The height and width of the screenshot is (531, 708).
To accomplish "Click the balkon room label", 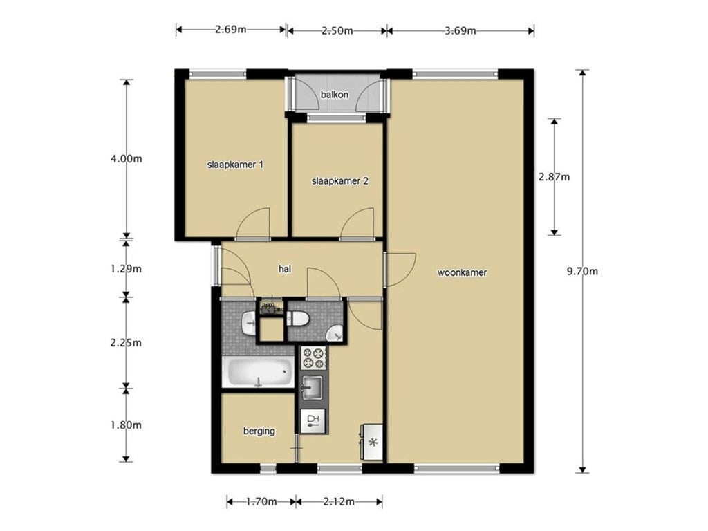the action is pos(335,95).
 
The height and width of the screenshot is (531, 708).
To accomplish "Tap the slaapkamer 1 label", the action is pos(235,165).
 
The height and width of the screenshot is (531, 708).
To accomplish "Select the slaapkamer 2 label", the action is pos(340,181).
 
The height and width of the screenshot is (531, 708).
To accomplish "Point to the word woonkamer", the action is pos(462,272).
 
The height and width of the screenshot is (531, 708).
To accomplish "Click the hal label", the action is pos(285,269).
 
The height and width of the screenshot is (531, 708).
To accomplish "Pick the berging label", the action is pos(259,431).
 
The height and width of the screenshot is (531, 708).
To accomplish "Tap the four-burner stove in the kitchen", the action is pos(313,357).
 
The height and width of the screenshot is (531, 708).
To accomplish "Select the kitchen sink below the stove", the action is pos(313,388).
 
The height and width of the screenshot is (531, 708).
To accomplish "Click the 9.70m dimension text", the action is pos(582,271).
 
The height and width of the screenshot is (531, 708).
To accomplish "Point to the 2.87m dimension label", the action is pos(554,177).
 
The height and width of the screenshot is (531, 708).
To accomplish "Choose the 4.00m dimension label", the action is pos(126,159).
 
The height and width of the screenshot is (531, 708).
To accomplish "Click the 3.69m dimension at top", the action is pos(460,30).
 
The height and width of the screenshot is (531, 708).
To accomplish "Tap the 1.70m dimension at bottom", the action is pos(262,502).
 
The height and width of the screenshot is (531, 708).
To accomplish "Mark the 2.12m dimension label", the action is pos(339,502).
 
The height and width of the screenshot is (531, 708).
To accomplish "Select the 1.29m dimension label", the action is pos(126,269).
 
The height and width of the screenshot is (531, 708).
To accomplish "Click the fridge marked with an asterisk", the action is pos(371,442).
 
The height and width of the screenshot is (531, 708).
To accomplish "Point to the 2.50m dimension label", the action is pos(337,30).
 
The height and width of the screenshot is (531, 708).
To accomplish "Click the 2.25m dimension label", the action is pos(126,343).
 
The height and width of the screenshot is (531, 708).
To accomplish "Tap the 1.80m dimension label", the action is pos(126,425).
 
